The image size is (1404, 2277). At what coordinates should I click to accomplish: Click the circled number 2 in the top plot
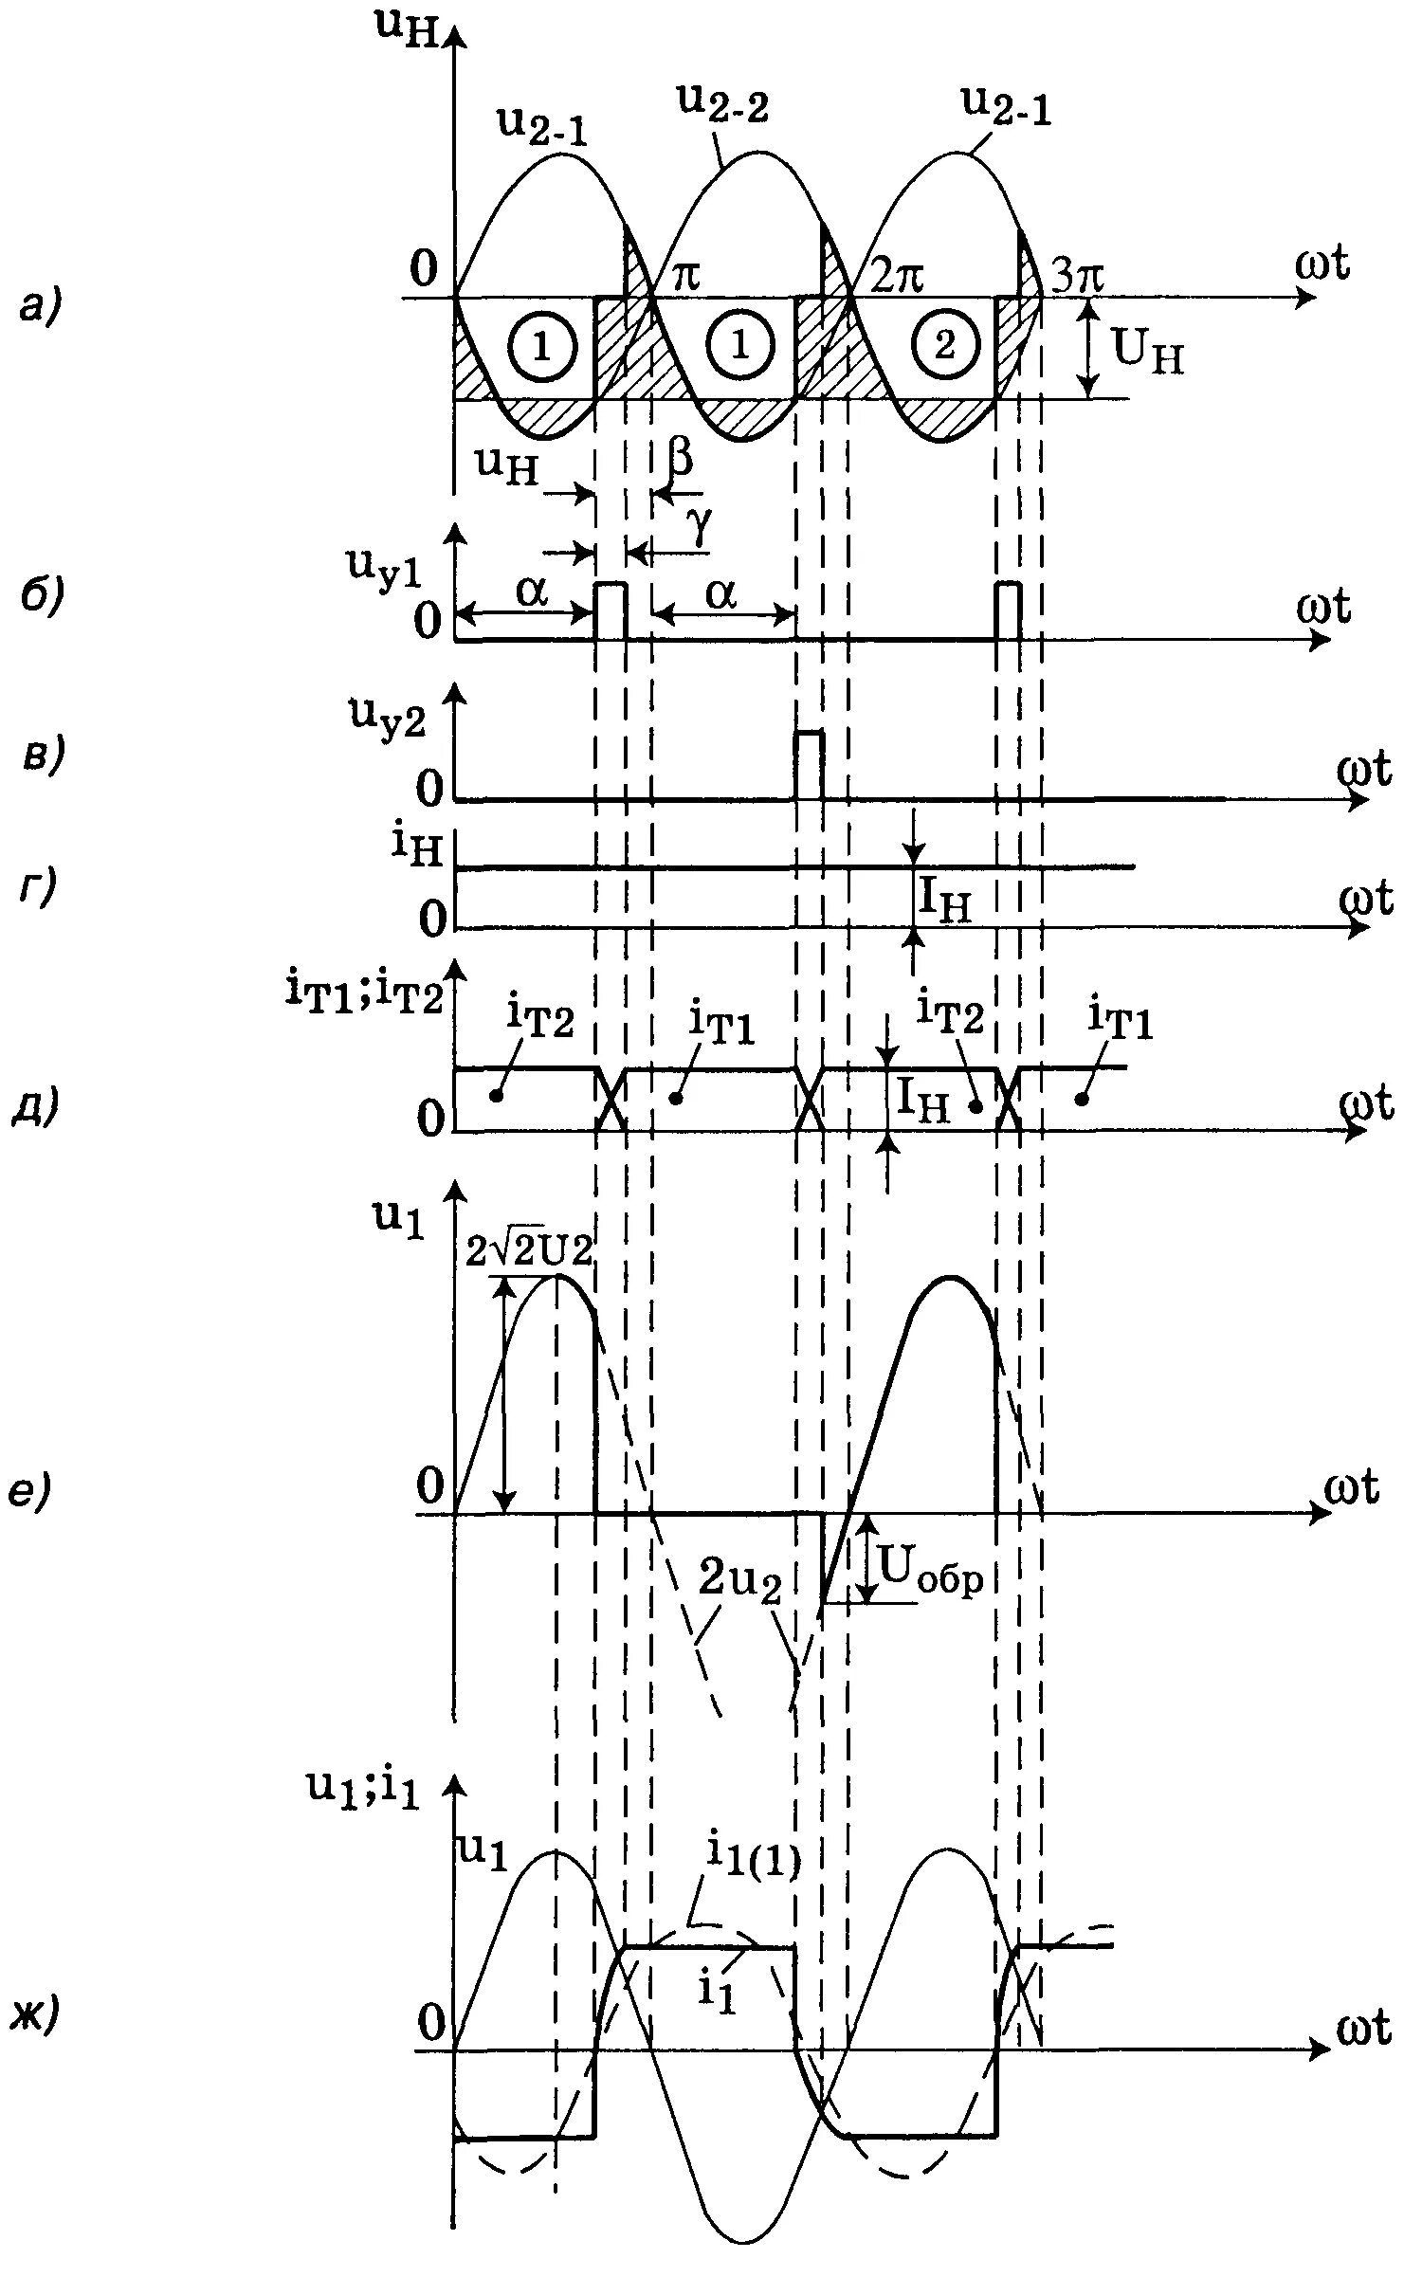click(x=943, y=347)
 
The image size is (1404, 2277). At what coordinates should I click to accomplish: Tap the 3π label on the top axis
click(x=1078, y=276)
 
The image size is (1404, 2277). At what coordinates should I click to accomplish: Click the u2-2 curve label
click(x=722, y=102)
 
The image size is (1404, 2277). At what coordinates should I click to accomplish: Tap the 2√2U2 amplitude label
click(x=529, y=1250)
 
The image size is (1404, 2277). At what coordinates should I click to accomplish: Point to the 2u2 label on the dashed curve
click(x=739, y=1580)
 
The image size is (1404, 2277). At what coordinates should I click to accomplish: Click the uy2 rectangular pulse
click(x=809, y=764)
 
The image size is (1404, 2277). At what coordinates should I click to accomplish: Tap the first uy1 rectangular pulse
click(x=611, y=611)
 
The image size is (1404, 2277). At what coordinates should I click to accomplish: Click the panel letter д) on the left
click(x=36, y=1105)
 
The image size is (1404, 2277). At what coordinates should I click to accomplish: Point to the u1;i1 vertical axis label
click(x=362, y=1786)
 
